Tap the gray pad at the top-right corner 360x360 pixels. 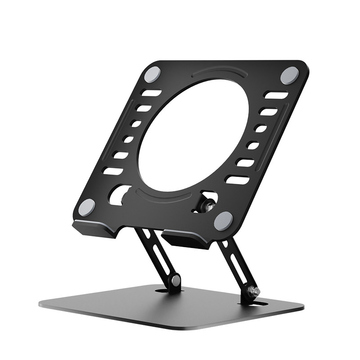(289, 74)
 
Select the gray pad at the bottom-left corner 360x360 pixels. (86, 207)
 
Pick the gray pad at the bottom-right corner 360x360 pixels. (223, 220)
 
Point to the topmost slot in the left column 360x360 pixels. (152, 94)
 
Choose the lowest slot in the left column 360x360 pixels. (112, 171)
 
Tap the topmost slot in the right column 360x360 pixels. (276, 95)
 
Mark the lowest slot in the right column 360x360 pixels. (237, 180)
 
